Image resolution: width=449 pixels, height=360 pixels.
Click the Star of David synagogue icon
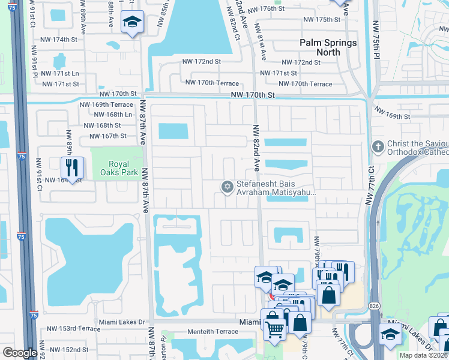227,188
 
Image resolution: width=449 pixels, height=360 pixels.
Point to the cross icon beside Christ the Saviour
378,146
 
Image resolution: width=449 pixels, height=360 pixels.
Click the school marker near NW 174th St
131,23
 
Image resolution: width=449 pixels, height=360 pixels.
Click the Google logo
20,353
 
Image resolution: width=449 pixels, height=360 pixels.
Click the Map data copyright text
424,355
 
